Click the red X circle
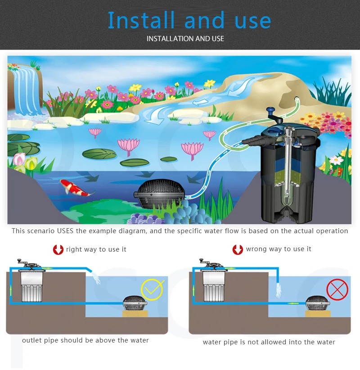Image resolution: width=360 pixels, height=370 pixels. [337, 290]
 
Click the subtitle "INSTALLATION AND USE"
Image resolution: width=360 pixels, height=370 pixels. [185, 39]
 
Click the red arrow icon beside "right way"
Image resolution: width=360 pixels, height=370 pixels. [58, 250]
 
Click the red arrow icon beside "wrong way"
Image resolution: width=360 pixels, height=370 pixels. [238, 249]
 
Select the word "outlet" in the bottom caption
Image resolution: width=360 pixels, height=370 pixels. [32, 340]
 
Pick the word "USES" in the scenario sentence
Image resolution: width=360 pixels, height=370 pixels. [65, 231]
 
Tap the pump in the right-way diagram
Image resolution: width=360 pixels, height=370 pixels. [135, 303]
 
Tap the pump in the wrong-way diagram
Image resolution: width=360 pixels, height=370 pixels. [318, 303]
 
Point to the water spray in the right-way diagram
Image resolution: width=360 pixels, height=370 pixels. [96, 277]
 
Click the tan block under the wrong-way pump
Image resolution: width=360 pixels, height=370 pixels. [318, 314]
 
